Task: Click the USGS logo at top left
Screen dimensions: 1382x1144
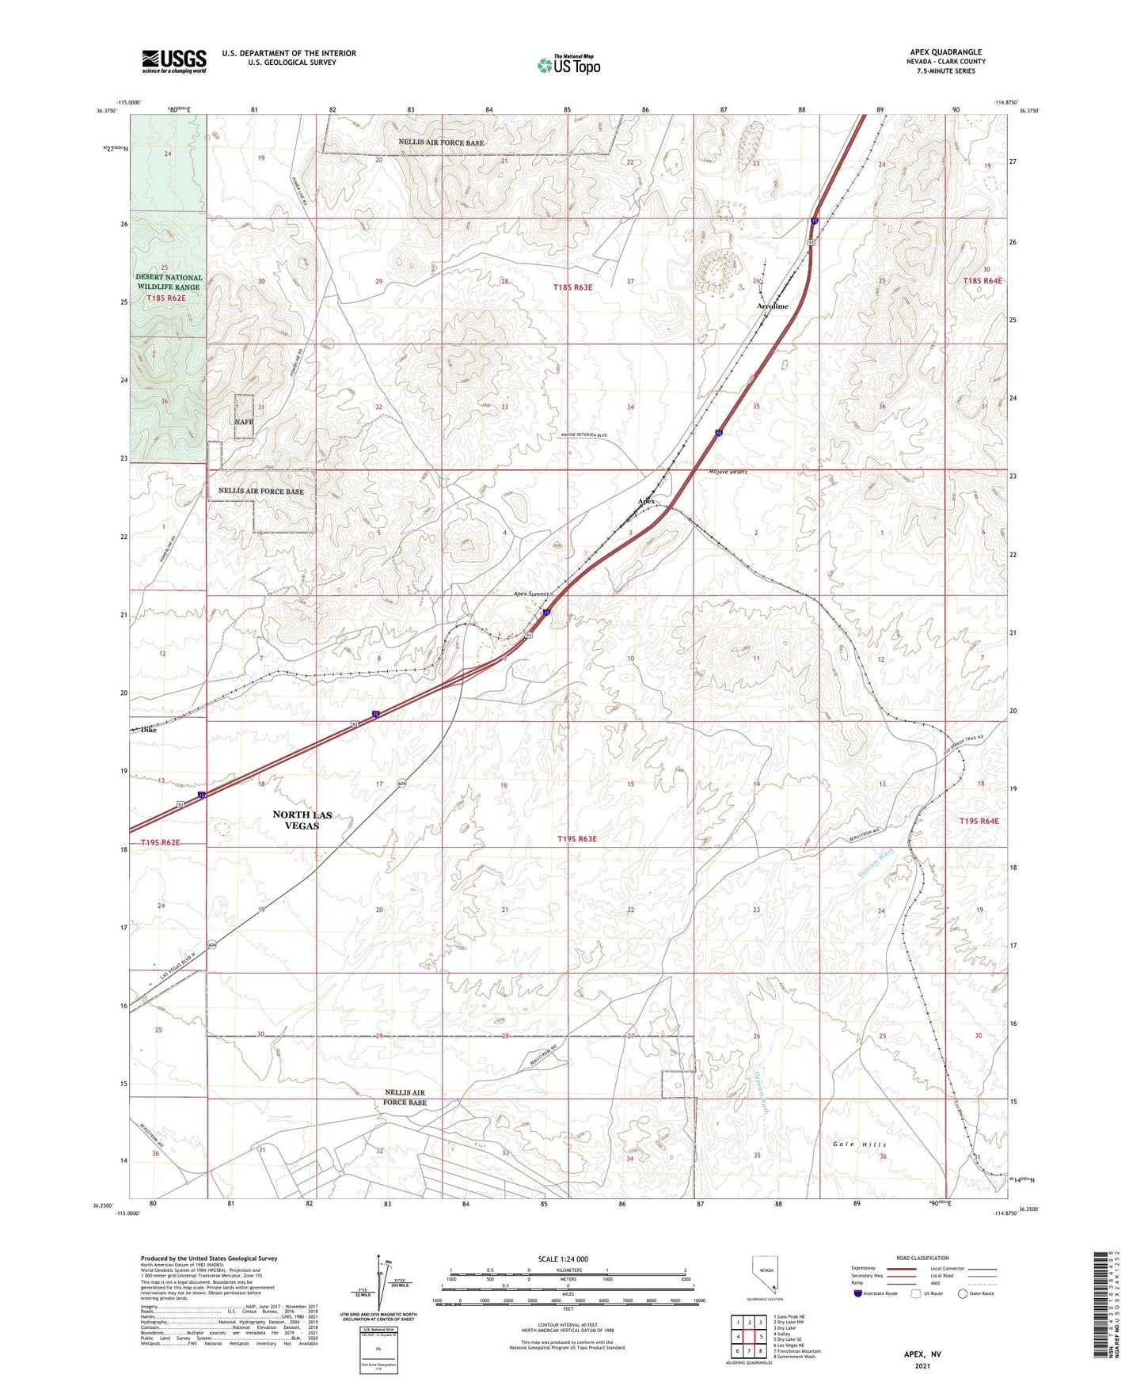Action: pos(173,61)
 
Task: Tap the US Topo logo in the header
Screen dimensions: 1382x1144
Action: pos(568,65)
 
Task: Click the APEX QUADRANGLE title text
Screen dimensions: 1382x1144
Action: pos(945,52)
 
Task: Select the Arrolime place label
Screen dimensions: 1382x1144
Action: pos(772,306)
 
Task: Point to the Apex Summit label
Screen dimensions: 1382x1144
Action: pos(530,594)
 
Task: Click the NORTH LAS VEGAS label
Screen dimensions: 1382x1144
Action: pos(302,820)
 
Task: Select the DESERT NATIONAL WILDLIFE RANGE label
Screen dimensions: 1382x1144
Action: pos(169,283)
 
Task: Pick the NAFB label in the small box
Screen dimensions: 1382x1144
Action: pos(244,422)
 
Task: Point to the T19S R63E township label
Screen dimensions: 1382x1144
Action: pos(576,838)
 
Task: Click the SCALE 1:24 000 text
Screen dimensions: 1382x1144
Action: pos(563,1259)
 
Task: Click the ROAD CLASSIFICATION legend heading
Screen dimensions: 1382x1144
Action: pos(922,1258)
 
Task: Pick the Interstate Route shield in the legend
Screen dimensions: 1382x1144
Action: pos(858,1294)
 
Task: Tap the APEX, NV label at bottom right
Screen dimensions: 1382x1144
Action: pos(922,1354)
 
